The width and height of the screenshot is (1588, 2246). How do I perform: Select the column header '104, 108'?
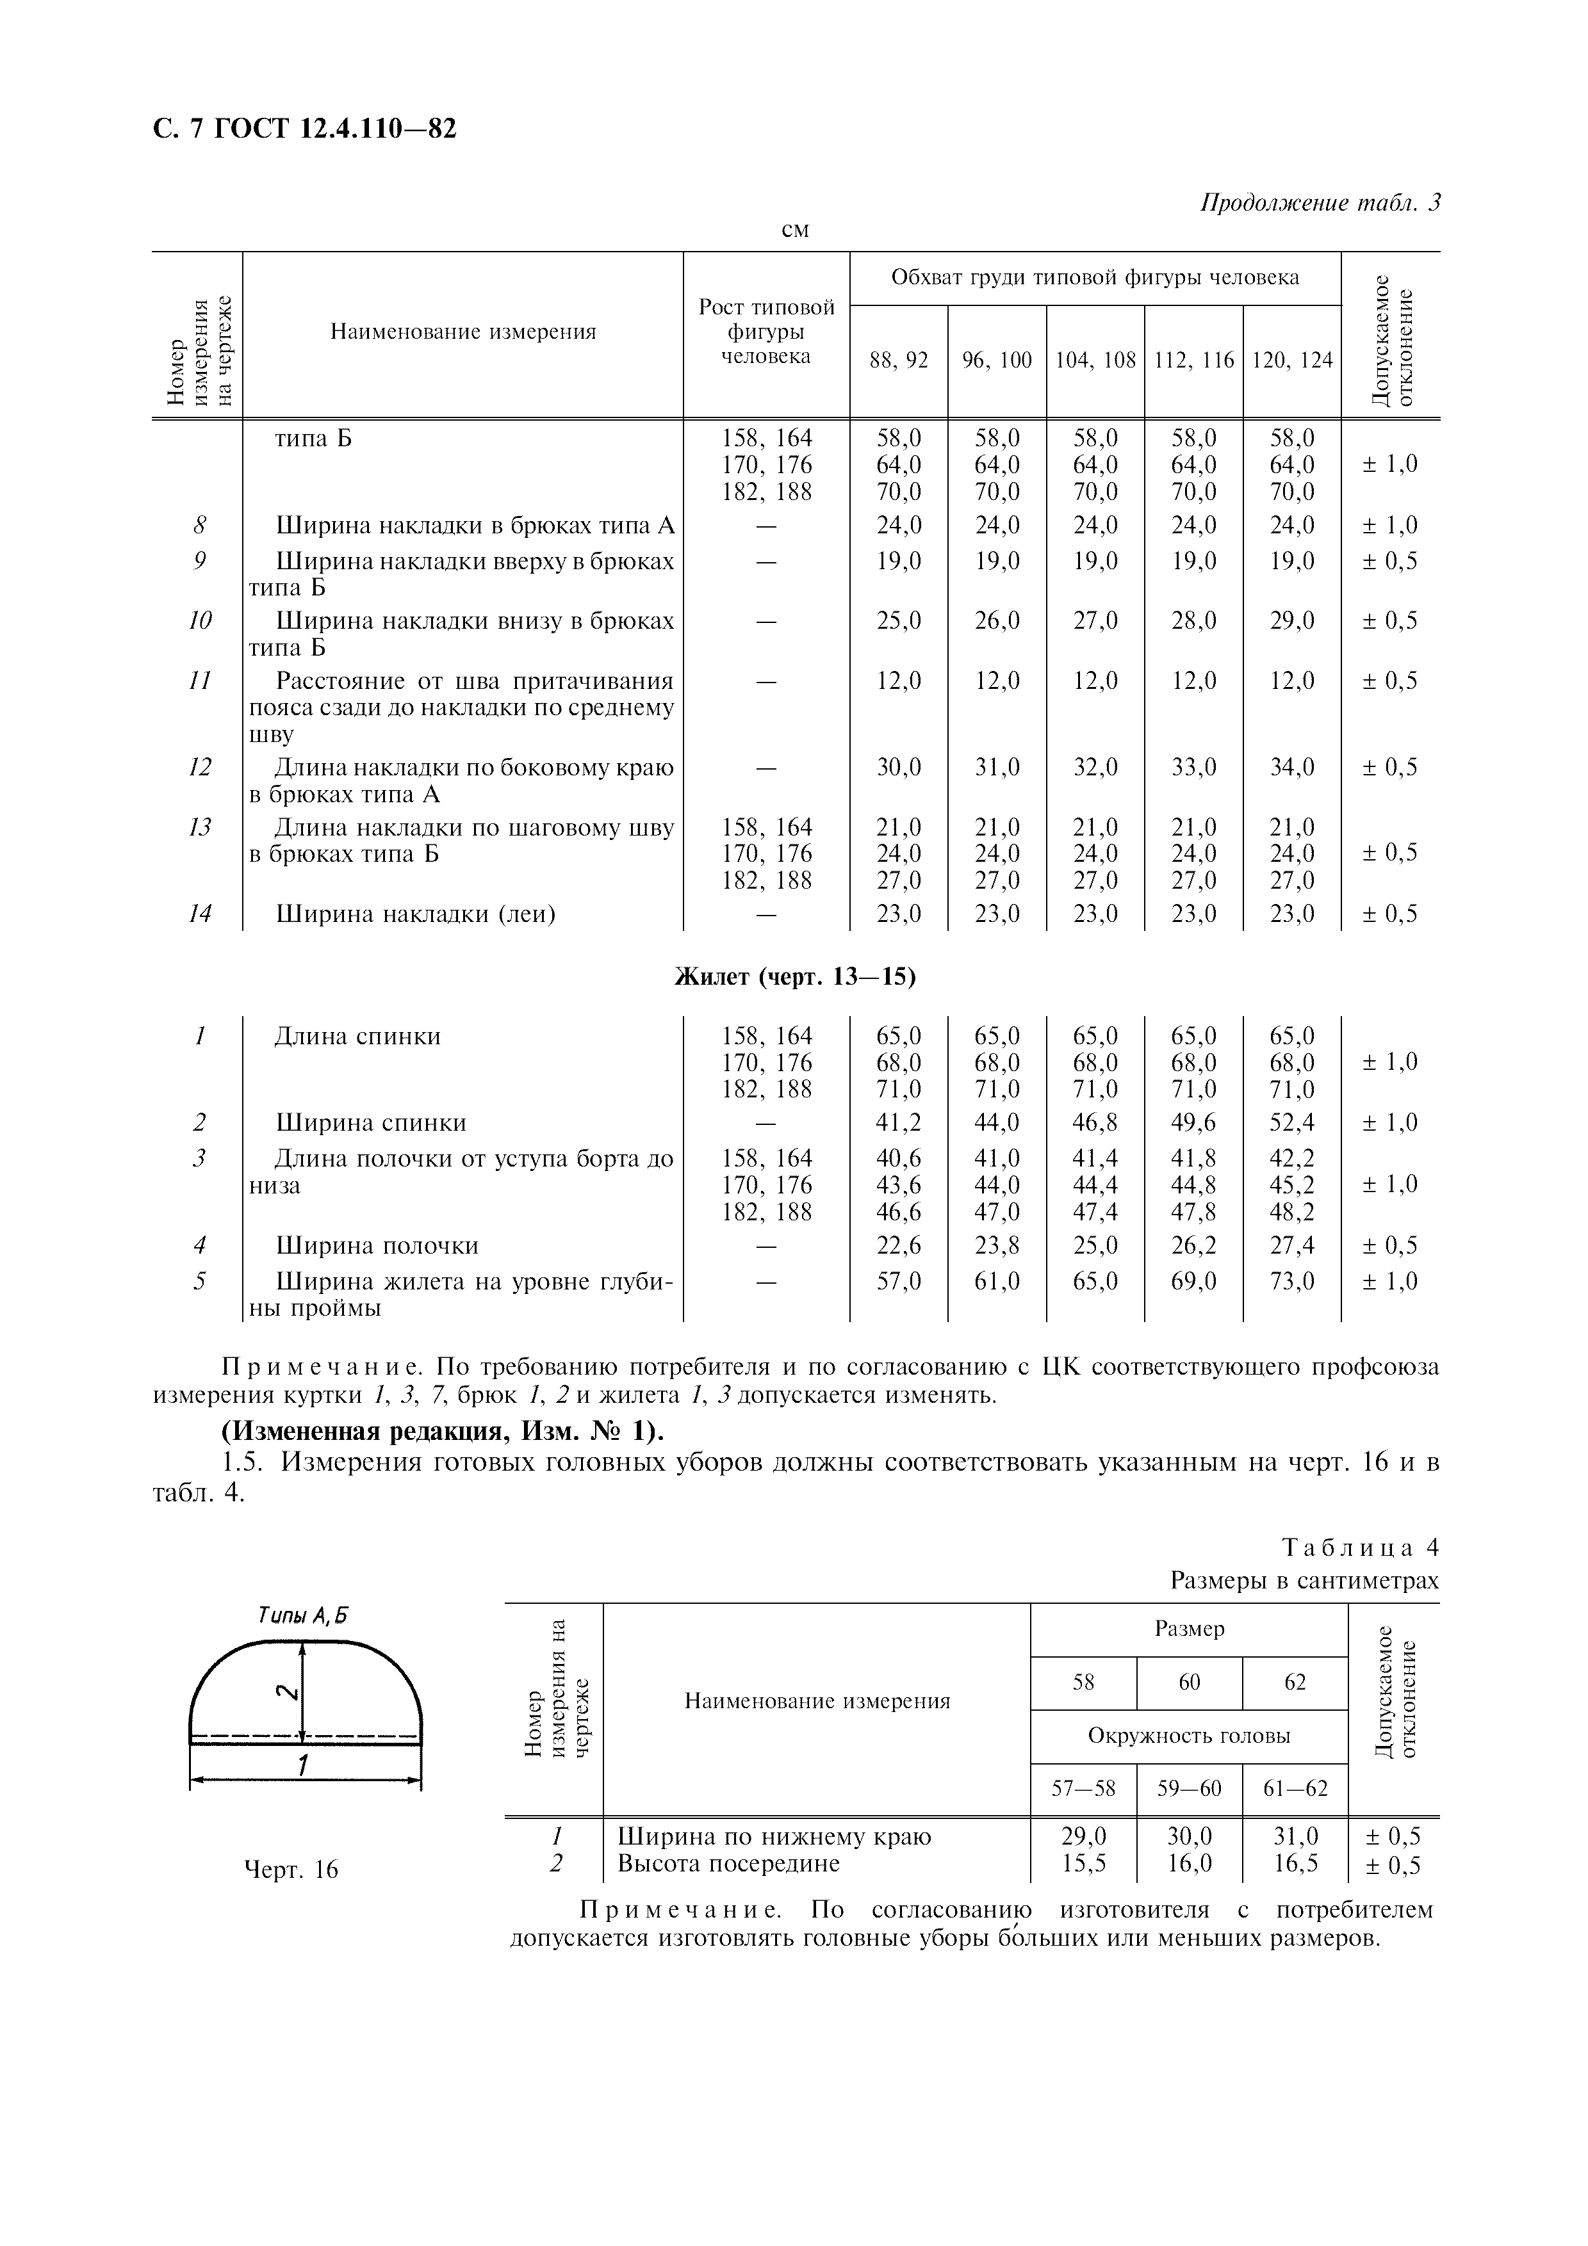[x=1095, y=360]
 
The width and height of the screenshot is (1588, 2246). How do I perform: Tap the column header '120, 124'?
[x=1291, y=360]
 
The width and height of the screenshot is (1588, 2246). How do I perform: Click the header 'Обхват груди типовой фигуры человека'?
[x=1095, y=278]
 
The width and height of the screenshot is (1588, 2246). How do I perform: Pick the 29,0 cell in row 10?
[x=1291, y=621]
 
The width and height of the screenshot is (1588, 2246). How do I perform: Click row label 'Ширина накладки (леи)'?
[x=416, y=914]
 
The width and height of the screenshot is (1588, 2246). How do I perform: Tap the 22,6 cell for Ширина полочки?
[x=898, y=1245]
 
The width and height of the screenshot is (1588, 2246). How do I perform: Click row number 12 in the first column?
[x=200, y=767]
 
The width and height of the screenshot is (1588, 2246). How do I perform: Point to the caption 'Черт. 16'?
[x=291, y=1870]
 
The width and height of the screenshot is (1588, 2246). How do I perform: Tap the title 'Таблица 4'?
[x=1360, y=1547]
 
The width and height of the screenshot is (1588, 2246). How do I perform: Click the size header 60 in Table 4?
[x=1189, y=1681]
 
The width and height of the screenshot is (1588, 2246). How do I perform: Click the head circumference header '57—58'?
[x=1083, y=1789]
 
